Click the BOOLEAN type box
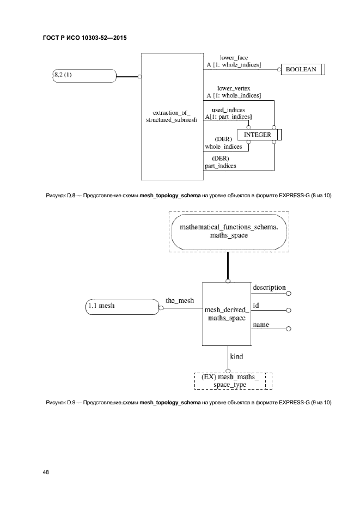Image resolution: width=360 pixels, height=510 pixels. pyautogui.click(x=301, y=70)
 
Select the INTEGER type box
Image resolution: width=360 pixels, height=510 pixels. pyautogui.click(x=258, y=135)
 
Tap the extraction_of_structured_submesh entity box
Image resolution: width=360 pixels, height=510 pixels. pyautogui.click(x=172, y=116)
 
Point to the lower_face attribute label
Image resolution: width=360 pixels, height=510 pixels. pyautogui.click(x=235, y=57)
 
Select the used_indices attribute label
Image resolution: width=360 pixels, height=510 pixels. pyautogui.click(x=228, y=110)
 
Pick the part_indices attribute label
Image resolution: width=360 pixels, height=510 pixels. pyautogui.click(x=221, y=166)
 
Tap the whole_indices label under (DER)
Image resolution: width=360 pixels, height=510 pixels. pyautogui.click(x=222, y=147)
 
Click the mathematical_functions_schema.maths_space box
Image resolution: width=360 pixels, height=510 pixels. pyautogui.click(x=228, y=231)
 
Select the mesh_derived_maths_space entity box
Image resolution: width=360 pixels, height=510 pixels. pyautogui.click(x=227, y=314)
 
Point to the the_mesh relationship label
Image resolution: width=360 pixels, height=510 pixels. pyautogui.click(x=179, y=300)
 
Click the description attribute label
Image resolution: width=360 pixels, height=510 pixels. pyautogui.click(x=269, y=288)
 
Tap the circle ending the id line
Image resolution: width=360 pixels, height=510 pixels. pyautogui.click(x=289, y=310)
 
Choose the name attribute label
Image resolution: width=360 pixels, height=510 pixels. pyautogui.click(x=261, y=325)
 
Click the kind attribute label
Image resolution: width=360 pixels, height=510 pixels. pyautogui.click(x=236, y=356)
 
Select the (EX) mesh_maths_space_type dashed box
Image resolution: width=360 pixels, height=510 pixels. pyautogui.click(x=233, y=380)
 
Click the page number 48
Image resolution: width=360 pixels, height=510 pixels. pyautogui.click(x=46, y=472)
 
